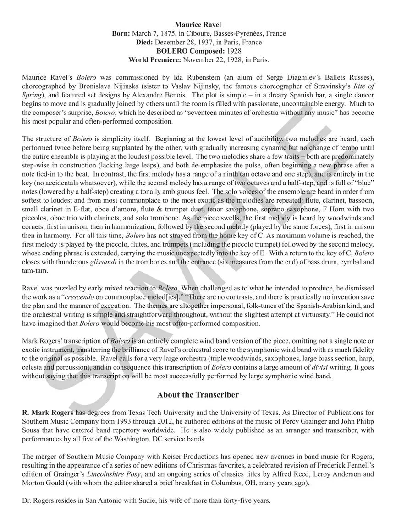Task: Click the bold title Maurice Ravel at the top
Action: tap(198, 25)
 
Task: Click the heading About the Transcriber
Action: tap(198, 394)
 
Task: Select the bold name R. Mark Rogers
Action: tap(47, 413)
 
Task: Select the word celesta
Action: tap(33, 368)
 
